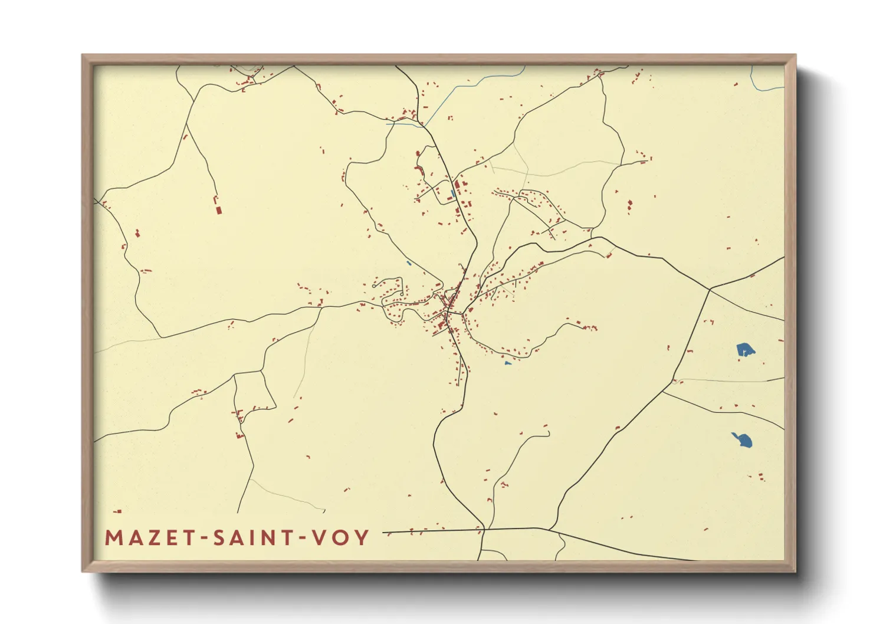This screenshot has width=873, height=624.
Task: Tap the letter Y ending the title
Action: [362, 537]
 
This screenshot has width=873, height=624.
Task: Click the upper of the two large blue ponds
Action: [746, 350]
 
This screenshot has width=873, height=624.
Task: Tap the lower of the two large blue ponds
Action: [743, 439]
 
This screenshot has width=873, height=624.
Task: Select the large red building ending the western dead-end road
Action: [218, 209]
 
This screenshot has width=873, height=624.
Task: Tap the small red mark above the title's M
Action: [118, 511]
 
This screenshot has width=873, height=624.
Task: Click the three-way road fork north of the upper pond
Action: [710, 289]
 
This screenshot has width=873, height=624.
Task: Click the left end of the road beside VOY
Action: [384, 533]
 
